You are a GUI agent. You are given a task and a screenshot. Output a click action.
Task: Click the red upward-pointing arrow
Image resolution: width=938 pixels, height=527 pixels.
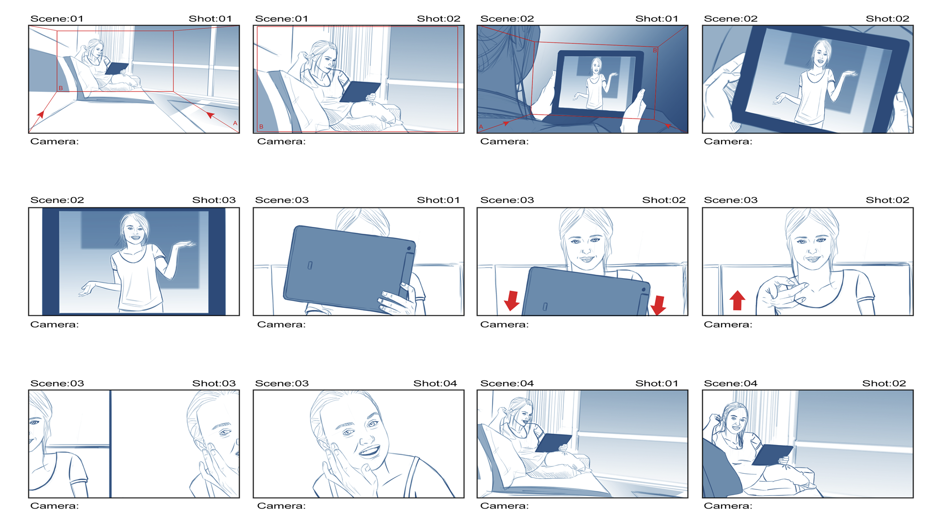pyautogui.click(x=737, y=300)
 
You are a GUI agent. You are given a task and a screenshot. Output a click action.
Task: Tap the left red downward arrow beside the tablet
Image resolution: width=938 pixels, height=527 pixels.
pyautogui.click(x=512, y=301)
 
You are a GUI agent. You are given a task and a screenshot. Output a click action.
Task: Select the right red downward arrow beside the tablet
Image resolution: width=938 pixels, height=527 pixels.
pyautogui.click(x=658, y=305)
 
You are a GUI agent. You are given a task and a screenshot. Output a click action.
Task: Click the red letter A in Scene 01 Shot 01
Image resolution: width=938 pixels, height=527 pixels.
pyautogui.click(x=235, y=123)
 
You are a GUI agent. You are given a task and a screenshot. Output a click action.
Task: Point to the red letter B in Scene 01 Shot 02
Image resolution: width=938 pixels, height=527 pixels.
pyautogui.click(x=261, y=126)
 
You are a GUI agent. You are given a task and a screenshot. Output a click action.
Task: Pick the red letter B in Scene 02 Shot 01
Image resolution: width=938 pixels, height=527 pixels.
pyautogui.click(x=655, y=50)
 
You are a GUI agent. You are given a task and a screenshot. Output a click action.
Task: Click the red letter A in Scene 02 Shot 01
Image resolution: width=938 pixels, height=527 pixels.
pyautogui.click(x=481, y=127)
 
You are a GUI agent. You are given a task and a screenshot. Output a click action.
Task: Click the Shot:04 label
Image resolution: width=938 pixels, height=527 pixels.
pyautogui.click(x=435, y=384)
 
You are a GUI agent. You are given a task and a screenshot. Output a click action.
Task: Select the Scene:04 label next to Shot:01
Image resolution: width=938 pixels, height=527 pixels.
pyautogui.click(x=507, y=384)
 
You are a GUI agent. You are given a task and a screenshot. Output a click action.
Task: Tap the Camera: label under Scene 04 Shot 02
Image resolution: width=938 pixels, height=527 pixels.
pyautogui.click(x=728, y=506)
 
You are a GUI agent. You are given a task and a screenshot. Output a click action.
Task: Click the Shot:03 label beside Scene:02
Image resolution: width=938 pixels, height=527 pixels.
pyautogui.click(x=213, y=200)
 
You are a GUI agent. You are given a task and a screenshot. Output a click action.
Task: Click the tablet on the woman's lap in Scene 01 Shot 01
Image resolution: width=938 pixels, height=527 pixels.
pyautogui.click(x=116, y=68)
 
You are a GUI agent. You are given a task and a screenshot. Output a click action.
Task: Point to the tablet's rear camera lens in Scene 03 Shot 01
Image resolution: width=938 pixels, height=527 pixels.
pyautogui.click(x=409, y=249)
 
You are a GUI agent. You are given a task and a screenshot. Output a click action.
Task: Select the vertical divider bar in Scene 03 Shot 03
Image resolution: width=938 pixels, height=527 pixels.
pyautogui.click(x=110, y=444)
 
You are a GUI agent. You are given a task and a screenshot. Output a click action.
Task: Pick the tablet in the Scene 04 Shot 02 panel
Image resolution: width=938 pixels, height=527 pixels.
pyautogui.click(x=772, y=455)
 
